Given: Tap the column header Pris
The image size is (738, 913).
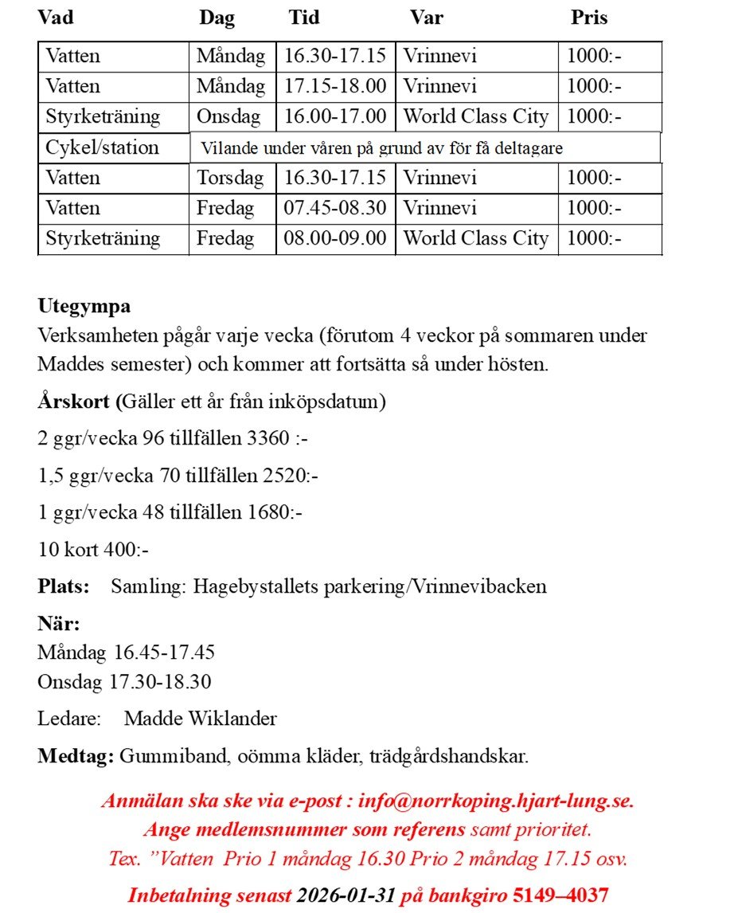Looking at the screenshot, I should pos(589,18).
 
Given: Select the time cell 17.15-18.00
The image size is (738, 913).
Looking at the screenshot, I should pos(335,86).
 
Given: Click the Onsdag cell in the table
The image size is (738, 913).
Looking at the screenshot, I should pos(228,116).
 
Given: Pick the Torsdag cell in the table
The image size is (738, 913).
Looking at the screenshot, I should pos(230,178).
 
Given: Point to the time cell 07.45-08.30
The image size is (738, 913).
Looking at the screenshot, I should pos(335,208).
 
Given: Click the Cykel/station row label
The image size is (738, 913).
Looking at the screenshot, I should pos(102,147).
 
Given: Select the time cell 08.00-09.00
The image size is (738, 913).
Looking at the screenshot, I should pos(335,238).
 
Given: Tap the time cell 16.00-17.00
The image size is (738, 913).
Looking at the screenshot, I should pos(335,116).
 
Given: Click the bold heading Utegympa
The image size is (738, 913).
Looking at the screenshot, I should pos(84,306).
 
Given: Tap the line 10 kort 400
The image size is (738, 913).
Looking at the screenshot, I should pos(93,550).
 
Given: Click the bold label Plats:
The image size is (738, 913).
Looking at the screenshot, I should pos(64,587).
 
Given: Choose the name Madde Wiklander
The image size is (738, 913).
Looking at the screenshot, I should pos(200,719).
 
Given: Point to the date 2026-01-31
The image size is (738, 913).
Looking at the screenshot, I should pos(346,895).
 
